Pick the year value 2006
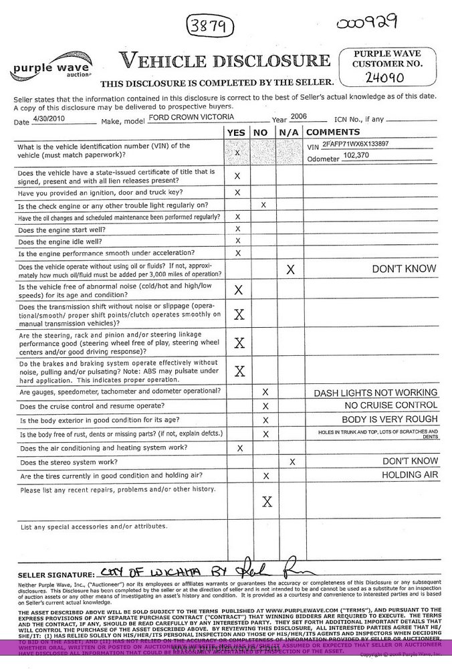[x=299, y=116]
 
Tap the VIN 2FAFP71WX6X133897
[x=355, y=144]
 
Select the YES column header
[x=237, y=132]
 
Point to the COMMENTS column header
[x=334, y=132]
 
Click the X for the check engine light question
[x=263, y=205]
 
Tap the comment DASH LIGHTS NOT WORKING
[x=376, y=393]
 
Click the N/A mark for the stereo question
[x=292, y=462]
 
